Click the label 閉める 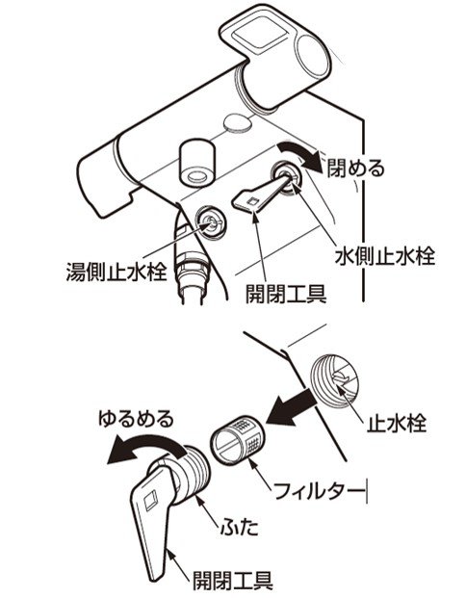[356, 169]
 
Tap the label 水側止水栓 [385, 257]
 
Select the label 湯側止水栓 [116, 272]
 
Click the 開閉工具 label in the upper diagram [286, 294]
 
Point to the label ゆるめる [136, 419]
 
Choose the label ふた [240, 528]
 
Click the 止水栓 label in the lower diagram [397, 423]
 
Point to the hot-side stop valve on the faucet [210, 222]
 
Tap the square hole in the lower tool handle [150, 499]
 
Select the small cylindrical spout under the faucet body [197, 164]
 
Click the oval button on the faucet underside [238, 124]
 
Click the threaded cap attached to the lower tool [191, 475]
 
